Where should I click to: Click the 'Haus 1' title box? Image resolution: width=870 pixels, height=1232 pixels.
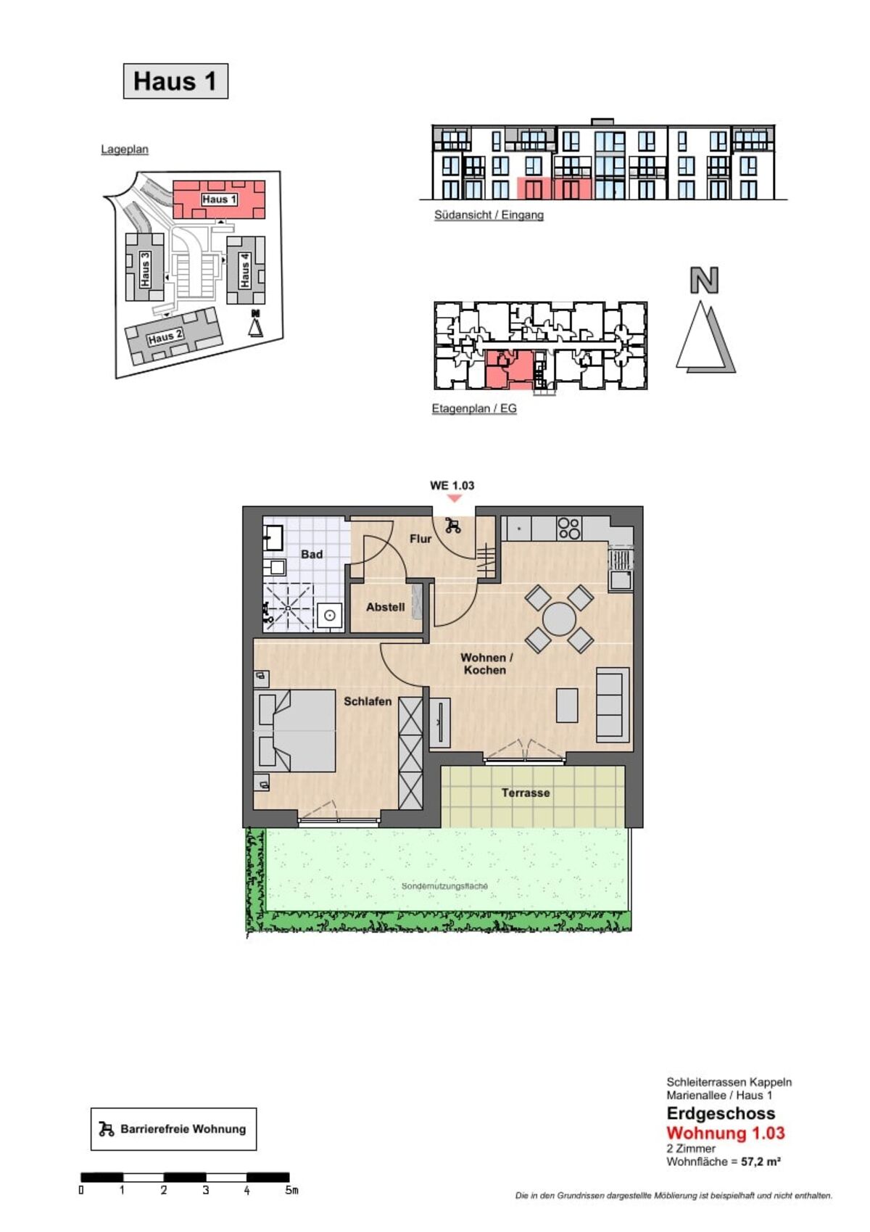[175, 80]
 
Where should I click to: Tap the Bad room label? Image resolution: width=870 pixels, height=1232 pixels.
[311, 554]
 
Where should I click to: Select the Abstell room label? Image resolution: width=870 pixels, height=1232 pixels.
[386, 607]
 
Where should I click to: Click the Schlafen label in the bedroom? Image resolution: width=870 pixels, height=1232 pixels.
[368, 701]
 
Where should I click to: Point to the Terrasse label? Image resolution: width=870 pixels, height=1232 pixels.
[525, 793]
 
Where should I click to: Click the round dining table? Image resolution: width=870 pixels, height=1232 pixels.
[559, 619]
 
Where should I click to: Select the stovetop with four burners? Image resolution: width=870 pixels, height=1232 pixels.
[569, 528]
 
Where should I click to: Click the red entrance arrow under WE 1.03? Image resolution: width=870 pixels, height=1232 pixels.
[454, 497]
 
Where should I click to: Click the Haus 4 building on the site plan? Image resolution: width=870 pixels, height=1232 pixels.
[246, 270]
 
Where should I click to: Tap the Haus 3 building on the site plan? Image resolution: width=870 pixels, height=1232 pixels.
[144, 267]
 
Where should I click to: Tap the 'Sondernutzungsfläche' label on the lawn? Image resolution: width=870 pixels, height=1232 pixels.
[444, 886]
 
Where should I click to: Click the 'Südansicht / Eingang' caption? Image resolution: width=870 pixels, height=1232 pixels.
[489, 215]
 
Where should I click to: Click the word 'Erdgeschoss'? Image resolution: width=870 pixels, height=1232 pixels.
[721, 1113]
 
